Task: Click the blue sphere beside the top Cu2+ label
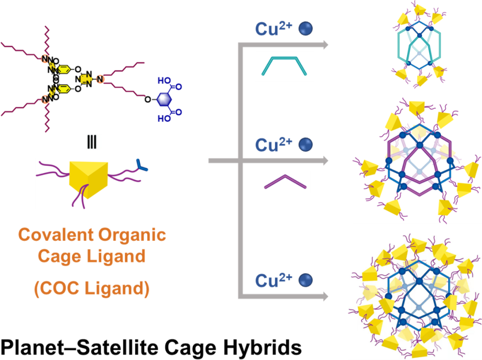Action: pos(306,29)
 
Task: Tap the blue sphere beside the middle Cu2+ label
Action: pos(306,145)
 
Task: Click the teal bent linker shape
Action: pos(283,65)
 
